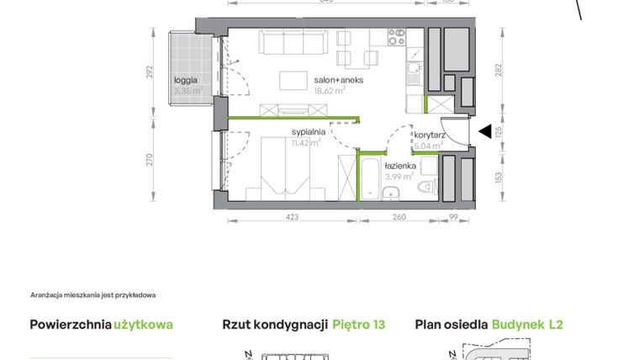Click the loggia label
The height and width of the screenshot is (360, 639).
pyautogui.click(x=186, y=81)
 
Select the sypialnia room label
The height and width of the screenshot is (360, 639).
pyautogui.click(x=308, y=132)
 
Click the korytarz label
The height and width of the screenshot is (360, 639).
pyautogui.click(x=428, y=135)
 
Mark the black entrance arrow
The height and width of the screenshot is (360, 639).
pyautogui.click(x=484, y=131)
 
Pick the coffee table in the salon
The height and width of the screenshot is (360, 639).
pyautogui.click(x=293, y=80)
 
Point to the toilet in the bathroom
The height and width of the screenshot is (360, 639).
pyautogui.click(x=425, y=187)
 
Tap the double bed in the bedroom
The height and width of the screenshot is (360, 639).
pyautogui.click(x=284, y=168)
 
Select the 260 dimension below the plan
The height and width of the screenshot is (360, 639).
pyautogui.click(x=399, y=218)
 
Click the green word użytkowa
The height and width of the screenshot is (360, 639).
pyautogui.click(x=144, y=324)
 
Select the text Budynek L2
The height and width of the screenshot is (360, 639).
pyautogui.click(x=527, y=324)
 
